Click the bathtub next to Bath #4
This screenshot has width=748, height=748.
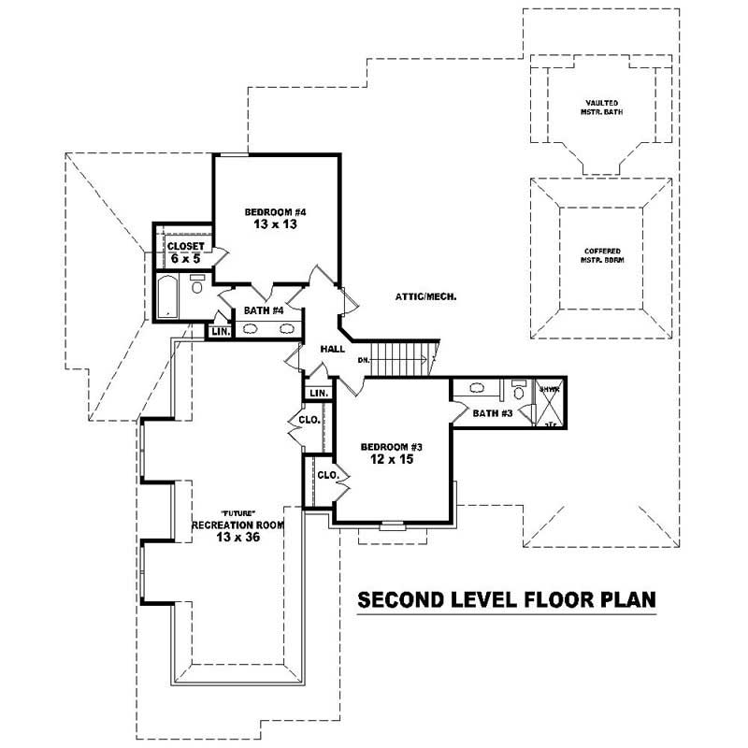(x=169, y=296)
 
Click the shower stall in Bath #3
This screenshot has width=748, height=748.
(x=548, y=405)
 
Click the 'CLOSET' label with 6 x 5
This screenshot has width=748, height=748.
(x=185, y=246)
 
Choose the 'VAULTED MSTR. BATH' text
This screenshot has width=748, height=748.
(x=599, y=107)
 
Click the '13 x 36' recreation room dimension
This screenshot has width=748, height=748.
(x=237, y=539)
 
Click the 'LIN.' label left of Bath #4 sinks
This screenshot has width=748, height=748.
(x=220, y=331)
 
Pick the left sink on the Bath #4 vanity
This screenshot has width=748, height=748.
(x=252, y=328)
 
